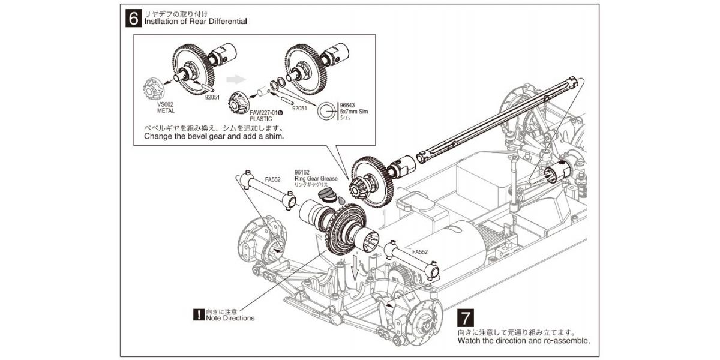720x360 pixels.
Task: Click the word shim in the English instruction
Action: [x=271, y=136]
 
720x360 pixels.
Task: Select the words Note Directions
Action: [x=230, y=318]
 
